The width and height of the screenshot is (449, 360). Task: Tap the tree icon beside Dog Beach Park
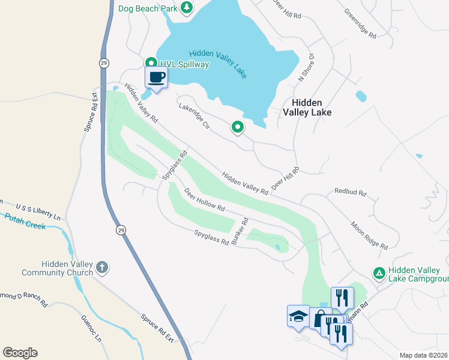(x=187, y=7)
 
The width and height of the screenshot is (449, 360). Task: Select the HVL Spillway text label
(x=184, y=64)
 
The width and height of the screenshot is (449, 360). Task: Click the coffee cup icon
(x=157, y=77)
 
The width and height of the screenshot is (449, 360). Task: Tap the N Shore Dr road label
(x=306, y=67)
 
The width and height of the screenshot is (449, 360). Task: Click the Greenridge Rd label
(x=360, y=23)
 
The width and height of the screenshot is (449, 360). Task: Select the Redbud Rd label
(x=351, y=193)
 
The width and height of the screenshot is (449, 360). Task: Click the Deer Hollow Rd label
(x=204, y=201)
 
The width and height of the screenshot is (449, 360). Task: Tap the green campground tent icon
(x=379, y=274)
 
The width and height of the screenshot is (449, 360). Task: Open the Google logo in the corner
(x=20, y=353)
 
